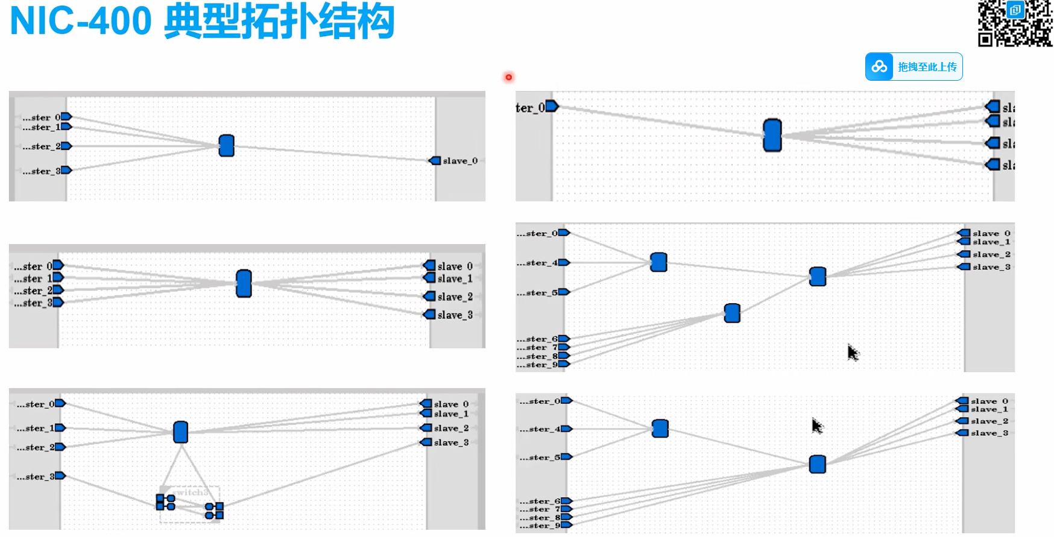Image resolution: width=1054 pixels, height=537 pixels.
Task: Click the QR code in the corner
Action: [1015, 23]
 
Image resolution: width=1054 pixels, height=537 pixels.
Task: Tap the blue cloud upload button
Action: [914, 67]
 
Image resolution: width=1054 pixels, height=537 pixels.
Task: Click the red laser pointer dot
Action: [509, 77]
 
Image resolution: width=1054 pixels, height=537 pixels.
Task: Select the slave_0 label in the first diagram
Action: [460, 161]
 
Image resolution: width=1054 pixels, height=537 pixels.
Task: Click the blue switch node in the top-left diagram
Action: [227, 145]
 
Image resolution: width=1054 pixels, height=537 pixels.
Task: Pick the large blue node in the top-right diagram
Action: [772, 135]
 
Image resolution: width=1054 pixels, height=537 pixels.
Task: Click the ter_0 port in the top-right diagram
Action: [551, 107]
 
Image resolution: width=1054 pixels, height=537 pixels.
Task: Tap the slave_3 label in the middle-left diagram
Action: [455, 315]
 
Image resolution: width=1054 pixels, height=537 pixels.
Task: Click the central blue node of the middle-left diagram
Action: [244, 283]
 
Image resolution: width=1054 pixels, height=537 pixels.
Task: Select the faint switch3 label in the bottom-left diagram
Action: [192, 492]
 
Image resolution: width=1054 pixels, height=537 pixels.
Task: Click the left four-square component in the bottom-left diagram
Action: [165, 502]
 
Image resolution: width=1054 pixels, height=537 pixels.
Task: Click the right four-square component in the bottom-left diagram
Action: [214, 511]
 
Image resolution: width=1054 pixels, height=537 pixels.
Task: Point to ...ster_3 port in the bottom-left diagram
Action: [60, 476]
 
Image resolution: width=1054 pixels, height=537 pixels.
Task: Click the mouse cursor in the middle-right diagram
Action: [852, 352]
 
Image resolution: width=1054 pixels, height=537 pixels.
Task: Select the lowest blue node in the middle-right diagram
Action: [732, 313]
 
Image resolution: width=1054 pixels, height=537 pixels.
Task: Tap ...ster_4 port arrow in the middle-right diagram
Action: [564, 263]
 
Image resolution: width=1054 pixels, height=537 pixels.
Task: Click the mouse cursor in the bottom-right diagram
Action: [816, 426]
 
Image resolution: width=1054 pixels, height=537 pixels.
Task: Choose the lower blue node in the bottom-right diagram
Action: [818, 464]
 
